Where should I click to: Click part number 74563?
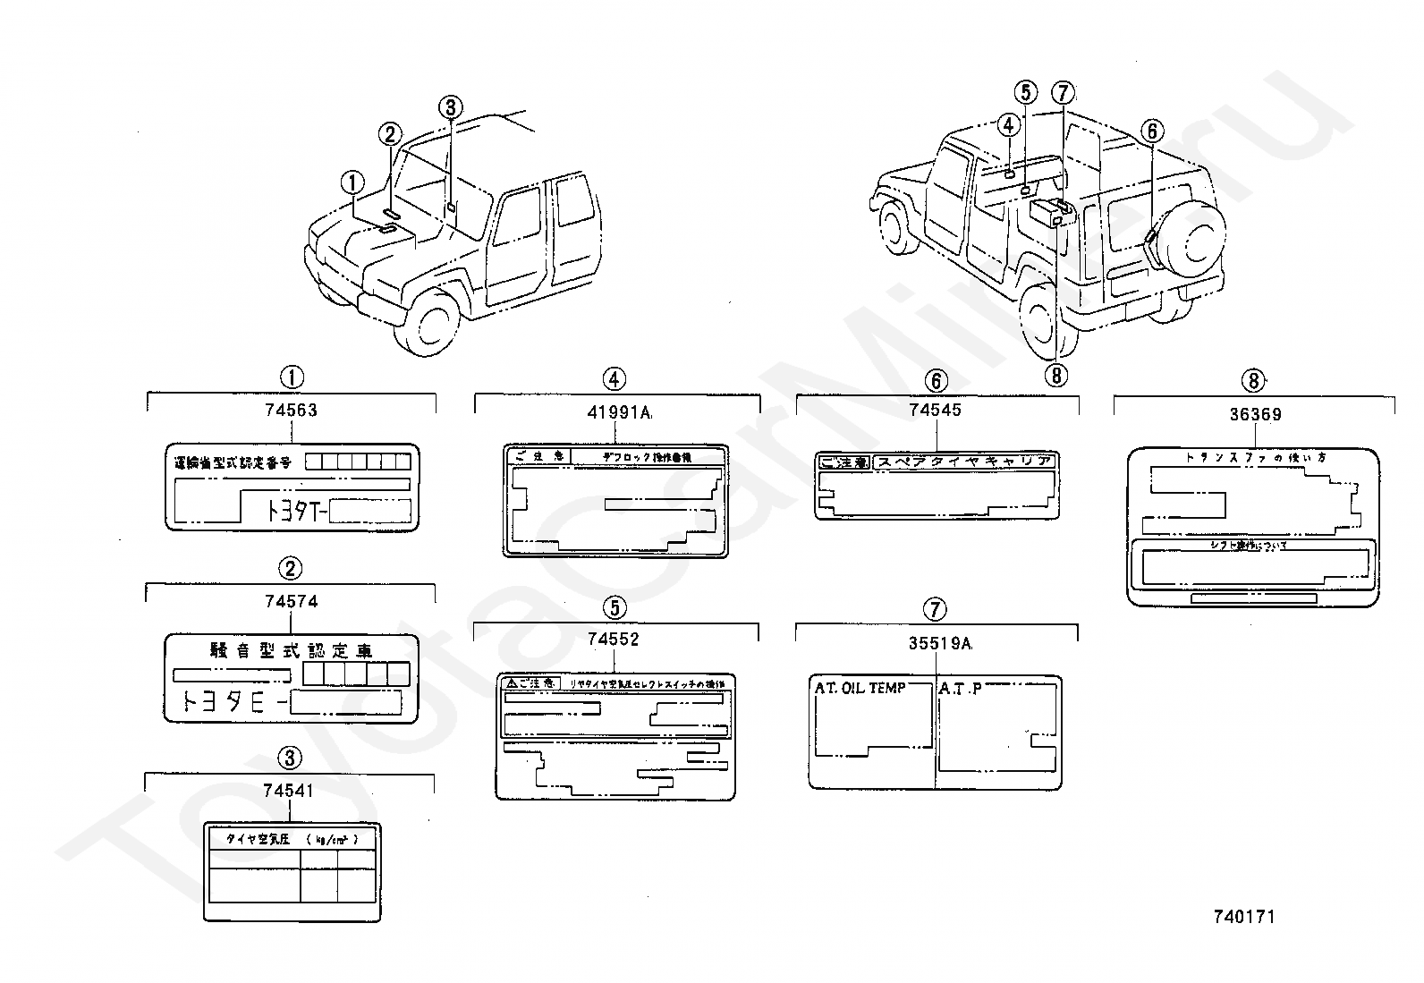[x=291, y=411]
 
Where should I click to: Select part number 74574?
[x=291, y=602]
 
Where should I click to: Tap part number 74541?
[x=289, y=791]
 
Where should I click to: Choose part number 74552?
[x=614, y=639]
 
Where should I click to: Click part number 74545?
[x=935, y=410]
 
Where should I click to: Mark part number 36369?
[x=1255, y=414]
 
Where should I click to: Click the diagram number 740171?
[x=1244, y=916]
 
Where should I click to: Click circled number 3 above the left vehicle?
[x=451, y=107]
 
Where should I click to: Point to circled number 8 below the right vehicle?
[x=1056, y=375]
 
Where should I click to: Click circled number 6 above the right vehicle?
[x=1152, y=131]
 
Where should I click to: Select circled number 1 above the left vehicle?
[x=353, y=182]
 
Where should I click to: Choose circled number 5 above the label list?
[x=615, y=608]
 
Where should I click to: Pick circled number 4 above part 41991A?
[x=614, y=379]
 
